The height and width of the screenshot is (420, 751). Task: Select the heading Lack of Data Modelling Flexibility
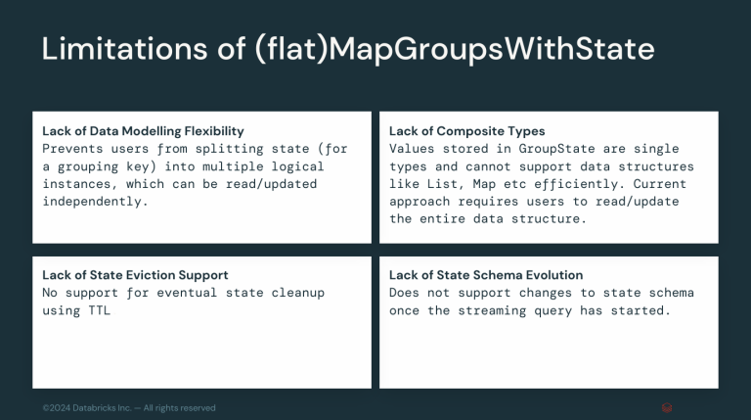click(143, 130)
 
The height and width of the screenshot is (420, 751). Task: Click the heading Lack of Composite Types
click(466, 130)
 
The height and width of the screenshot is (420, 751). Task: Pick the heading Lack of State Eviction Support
click(135, 275)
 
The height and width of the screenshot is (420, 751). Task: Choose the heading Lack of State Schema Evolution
click(485, 275)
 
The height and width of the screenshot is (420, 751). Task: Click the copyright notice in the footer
click(129, 407)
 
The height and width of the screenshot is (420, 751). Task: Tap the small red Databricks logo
click(666, 407)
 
